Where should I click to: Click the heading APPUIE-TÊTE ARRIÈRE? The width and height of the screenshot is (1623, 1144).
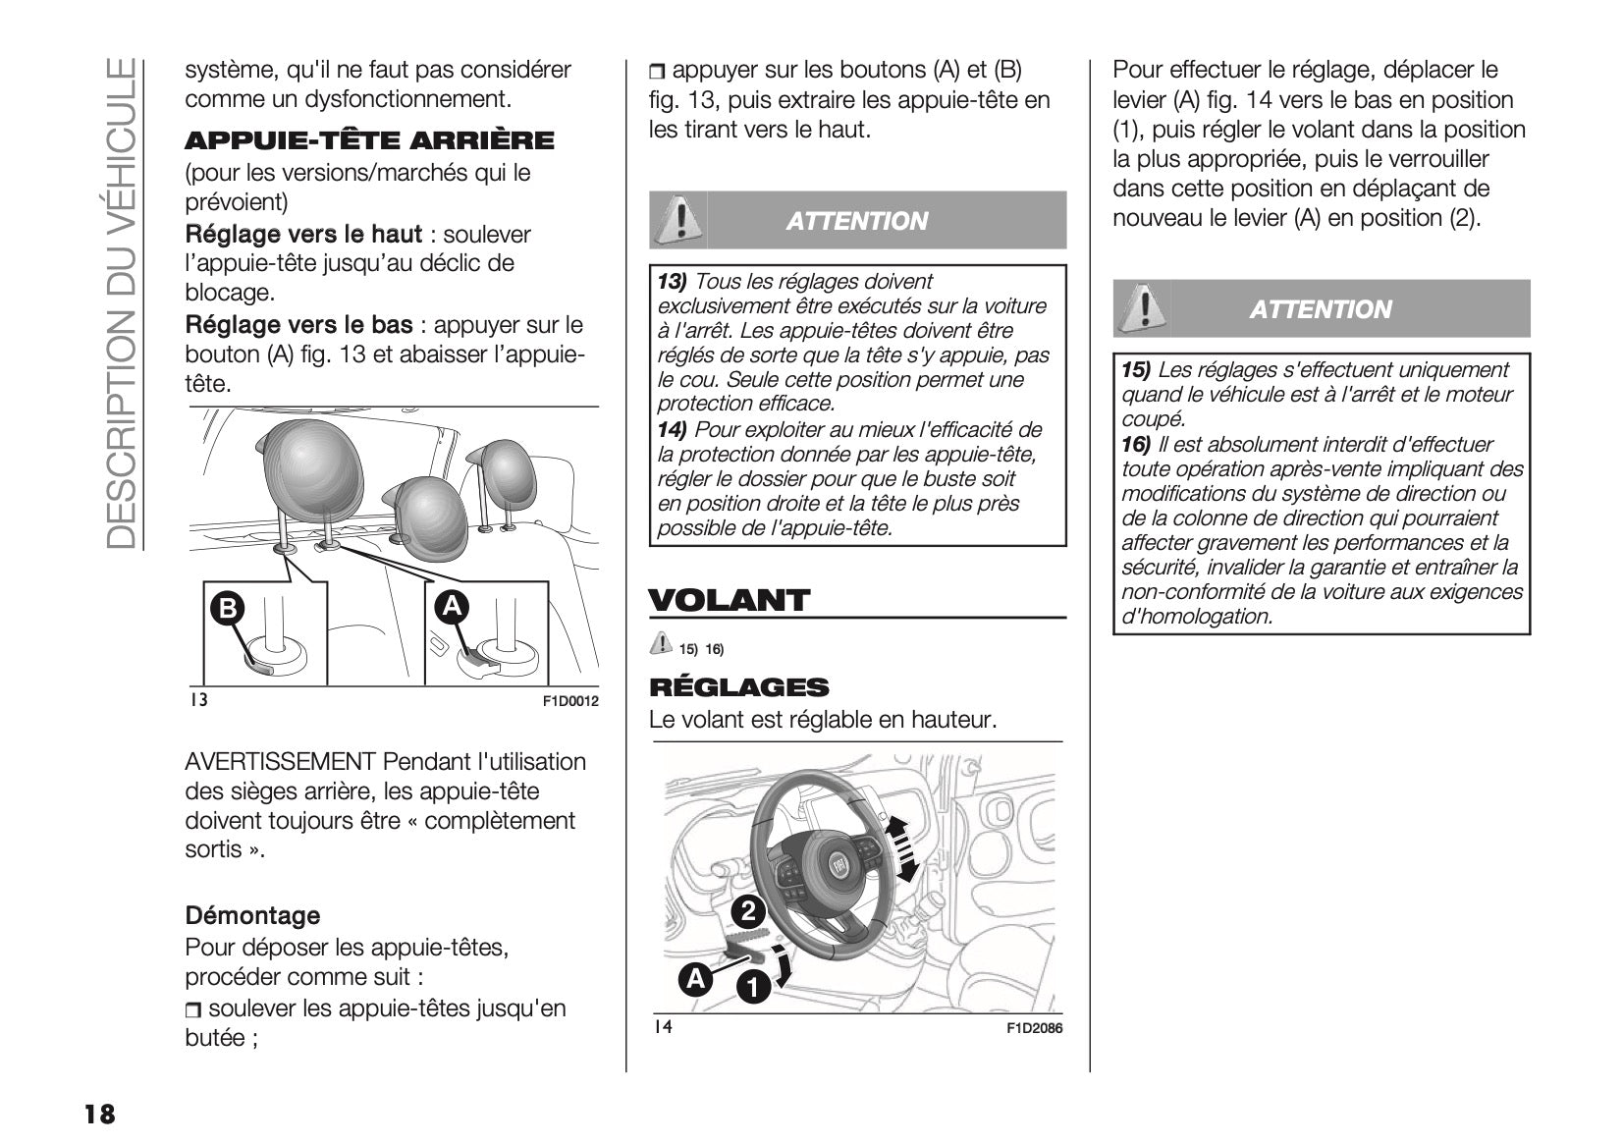pyautogui.click(x=369, y=141)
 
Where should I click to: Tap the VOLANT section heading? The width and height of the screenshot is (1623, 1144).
pyautogui.click(x=729, y=600)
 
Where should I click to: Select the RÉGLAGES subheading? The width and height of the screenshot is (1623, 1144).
pyautogui.click(x=738, y=687)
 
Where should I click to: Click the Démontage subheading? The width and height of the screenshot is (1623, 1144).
pyautogui.click(x=252, y=915)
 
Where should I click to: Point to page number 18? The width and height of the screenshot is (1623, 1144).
pyautogui.click(x=99, y=1115)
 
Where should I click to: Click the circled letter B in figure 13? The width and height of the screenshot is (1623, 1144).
pyautogui.click(x=227, y=609)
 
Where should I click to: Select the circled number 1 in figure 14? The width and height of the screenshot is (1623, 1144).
pyautogui.click(x=753, y=988)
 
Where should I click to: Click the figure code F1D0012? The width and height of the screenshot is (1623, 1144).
pyautogui.click(x=570, y=701)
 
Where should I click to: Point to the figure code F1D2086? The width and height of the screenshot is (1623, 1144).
pyautogui.click(x=1034, y=1028)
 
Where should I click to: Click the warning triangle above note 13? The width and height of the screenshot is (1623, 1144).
pyautogui.click(x=676, y=219)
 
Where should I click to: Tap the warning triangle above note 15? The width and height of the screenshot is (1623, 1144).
pyautogui.click(x=1141, y=307)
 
